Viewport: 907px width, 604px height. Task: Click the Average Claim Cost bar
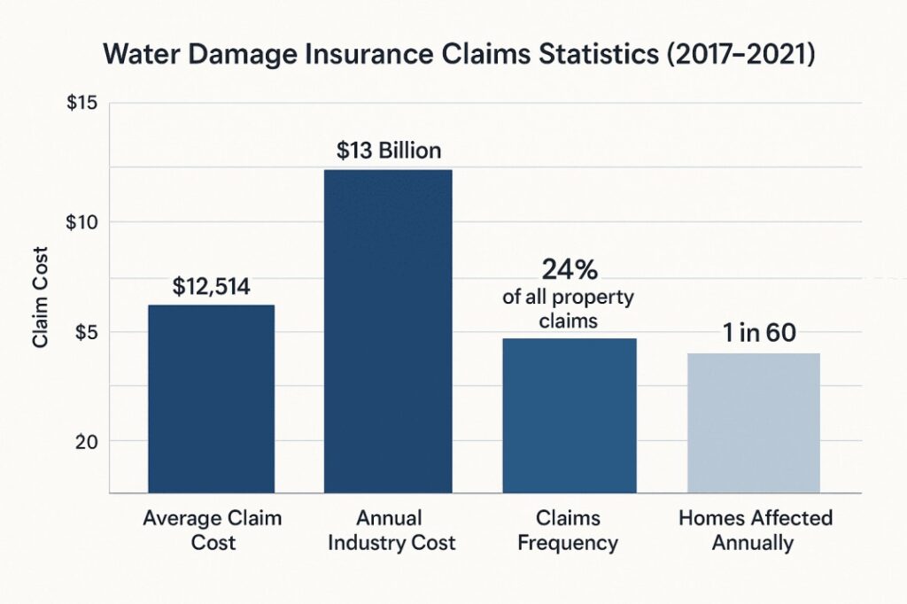tap(211, 399)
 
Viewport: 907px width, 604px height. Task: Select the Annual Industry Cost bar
tap(388, 331)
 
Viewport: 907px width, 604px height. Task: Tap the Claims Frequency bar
tap(570, 415)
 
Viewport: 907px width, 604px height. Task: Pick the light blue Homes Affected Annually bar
tap(753, 423)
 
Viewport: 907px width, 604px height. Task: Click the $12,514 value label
tap(211, 287)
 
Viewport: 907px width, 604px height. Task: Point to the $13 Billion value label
tap(389, 151)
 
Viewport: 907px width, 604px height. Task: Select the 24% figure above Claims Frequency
tap(570, 269)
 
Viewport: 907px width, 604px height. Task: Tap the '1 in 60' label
tap(759, 332)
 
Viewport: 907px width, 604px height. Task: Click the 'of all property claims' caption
tap(568, 309)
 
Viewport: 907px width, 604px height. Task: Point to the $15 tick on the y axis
tap(81, 103)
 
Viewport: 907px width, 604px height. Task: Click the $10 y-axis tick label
tap(81, 222)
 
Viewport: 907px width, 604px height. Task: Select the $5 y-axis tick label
tap(86, 333)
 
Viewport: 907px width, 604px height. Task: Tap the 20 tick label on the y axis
tap(86, 442)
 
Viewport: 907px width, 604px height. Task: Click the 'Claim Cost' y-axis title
tap(41, 298)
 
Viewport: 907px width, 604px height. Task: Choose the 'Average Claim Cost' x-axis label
tap(213, 530)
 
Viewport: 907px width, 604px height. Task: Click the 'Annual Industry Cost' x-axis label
tap(391, 530)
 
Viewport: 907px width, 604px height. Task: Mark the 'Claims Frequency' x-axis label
tap(568, 530)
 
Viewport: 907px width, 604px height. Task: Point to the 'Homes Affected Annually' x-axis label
tap(755, 530)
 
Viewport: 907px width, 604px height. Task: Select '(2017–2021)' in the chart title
tap(741, 55)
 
